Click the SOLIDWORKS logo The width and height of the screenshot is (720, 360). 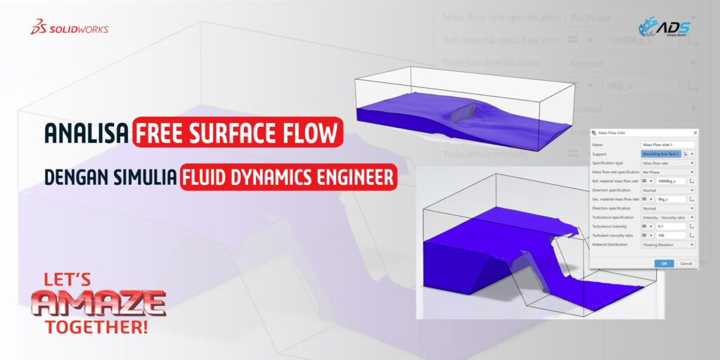coord(69,28)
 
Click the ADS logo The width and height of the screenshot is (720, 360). coord(664,27)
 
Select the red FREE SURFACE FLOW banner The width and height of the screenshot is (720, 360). coord(238,133)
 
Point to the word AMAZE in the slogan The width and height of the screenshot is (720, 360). coord(98,303)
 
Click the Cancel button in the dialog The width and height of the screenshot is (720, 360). coord(686,264)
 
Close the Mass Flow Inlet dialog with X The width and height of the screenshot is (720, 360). coord(695,132)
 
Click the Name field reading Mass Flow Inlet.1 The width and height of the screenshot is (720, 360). coord(667,143)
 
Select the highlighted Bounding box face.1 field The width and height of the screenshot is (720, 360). coord(661,153)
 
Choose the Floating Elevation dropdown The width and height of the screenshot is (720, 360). coord(667,245)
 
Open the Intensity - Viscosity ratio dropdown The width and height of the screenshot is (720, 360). coord(667,217)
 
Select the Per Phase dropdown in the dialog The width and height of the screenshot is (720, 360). coord(667,172)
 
